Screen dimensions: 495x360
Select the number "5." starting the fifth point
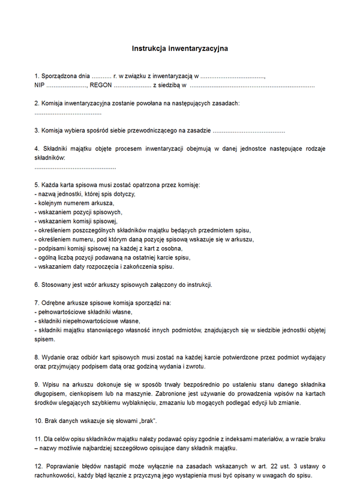pyautogui.click(x=37, y=185)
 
